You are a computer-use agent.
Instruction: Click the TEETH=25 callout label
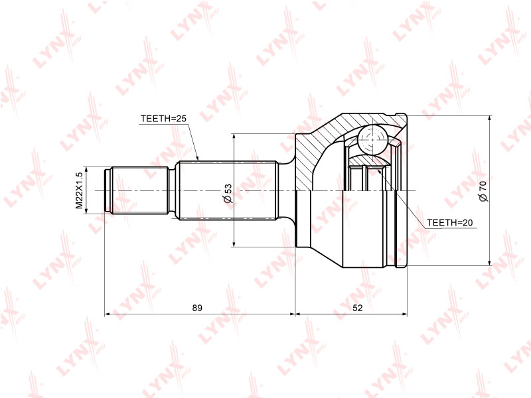[x=163, y=119]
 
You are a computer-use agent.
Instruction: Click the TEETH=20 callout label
[x=450, y=223]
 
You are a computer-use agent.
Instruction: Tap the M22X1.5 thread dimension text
[x=79, y=190]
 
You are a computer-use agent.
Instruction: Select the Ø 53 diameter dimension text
[x=228, y=193]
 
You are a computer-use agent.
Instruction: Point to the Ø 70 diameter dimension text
[x=483, y=191]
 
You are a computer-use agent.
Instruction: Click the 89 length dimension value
[x=197, y=308]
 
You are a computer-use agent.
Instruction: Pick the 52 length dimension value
[x=358, y=308]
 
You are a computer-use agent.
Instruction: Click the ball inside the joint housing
[x=372, y=139]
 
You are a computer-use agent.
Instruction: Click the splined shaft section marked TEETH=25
[x=227, y=190]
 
